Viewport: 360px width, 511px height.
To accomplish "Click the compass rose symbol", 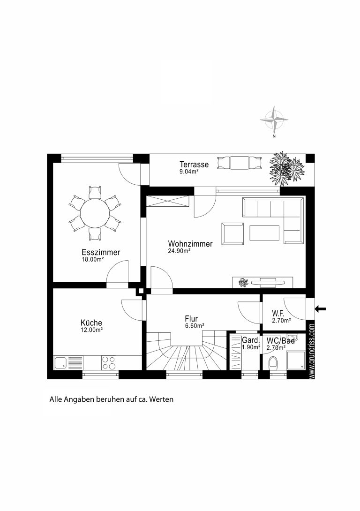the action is point(274,120).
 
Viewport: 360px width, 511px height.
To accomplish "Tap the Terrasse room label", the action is point(194,164).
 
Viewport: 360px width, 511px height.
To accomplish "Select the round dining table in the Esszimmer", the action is point(95,214).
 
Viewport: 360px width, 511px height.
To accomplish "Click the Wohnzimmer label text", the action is point(190,244).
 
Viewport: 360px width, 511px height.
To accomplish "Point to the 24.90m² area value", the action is point(179,251).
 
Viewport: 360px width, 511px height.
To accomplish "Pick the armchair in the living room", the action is point(232,233).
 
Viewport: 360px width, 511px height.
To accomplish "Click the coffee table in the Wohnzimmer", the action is point(264,233).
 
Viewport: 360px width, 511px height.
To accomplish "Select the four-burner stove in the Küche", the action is point(109,363).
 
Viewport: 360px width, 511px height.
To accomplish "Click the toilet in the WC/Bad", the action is point(273,363).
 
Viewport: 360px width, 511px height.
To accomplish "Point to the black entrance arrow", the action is point(320,308).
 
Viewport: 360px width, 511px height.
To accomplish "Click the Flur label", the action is point(191,319).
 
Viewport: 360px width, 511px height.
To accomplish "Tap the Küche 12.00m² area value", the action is point(92,330).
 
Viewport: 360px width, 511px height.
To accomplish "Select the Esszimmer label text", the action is point(101,252).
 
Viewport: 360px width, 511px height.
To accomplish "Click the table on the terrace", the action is point(240,163).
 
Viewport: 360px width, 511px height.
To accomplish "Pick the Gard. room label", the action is point(250,340).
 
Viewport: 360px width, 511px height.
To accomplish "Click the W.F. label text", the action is point(278,314).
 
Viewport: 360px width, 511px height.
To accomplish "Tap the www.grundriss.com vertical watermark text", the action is point(312,351).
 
